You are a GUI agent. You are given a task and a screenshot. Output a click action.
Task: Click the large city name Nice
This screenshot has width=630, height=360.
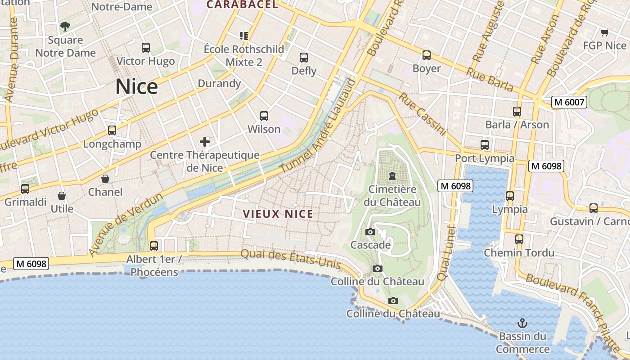point(136,86)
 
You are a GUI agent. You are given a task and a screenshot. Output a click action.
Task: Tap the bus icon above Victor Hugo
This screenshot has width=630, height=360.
point(146,48)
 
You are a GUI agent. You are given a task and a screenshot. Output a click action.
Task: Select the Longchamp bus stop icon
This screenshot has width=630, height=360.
point(112,130)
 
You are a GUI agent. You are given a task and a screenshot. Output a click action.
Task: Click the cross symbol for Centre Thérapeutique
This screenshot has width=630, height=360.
point(205,142)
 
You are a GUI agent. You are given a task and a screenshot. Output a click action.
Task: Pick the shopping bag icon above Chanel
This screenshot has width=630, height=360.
point(105,179)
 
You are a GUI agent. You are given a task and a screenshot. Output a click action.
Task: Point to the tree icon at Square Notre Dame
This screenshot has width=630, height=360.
point(65,27)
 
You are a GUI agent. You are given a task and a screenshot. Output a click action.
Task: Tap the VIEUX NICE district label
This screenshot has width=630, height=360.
point(278,214)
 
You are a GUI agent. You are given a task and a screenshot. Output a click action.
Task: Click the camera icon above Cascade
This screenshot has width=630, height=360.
point(370,232)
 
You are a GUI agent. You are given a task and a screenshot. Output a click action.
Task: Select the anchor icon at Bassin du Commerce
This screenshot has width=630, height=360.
point(522,323)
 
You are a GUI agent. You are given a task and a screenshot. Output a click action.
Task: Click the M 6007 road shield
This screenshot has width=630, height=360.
point(570,102)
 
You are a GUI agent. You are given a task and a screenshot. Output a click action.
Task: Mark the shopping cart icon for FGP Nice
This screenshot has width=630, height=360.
point(604,32)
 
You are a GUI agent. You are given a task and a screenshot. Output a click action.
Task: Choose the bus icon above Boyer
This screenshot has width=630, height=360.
point(427,56)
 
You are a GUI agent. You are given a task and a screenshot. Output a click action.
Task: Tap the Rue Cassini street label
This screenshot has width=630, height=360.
point(422,114)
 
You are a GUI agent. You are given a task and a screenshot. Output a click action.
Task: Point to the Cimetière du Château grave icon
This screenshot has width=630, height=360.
point(392,176)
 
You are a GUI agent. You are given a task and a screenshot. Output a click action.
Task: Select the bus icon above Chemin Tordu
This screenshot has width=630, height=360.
point(519,239)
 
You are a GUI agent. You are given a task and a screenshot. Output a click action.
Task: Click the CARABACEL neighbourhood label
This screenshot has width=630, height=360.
point(242,5)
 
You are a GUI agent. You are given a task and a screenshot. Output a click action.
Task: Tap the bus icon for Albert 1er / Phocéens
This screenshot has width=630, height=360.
point(154,246)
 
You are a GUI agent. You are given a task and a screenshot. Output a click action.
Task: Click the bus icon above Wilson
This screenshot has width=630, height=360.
point(264,116)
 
